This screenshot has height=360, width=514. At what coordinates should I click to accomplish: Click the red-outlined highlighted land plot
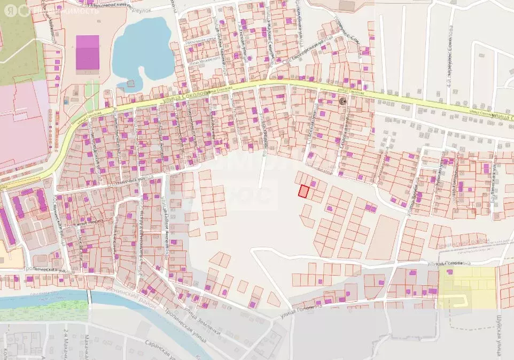303,191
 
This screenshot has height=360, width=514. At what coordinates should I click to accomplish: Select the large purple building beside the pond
88,52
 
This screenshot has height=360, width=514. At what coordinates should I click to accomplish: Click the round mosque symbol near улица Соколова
342,101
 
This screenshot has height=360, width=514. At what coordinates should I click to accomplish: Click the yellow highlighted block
468,287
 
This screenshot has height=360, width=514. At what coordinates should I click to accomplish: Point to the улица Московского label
204,60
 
